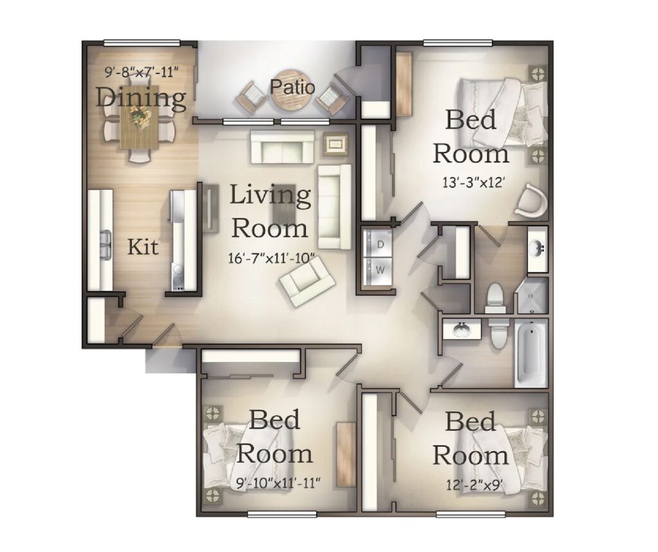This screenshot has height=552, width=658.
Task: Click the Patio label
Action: (292, 87)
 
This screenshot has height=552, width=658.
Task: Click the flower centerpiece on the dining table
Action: (141, 116)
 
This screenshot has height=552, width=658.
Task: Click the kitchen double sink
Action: (106, 244)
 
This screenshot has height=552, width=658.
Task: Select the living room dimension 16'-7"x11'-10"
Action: (272, 257)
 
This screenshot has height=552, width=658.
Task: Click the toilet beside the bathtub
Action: (498, 332)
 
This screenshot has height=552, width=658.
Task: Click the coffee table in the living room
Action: (285, 203)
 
